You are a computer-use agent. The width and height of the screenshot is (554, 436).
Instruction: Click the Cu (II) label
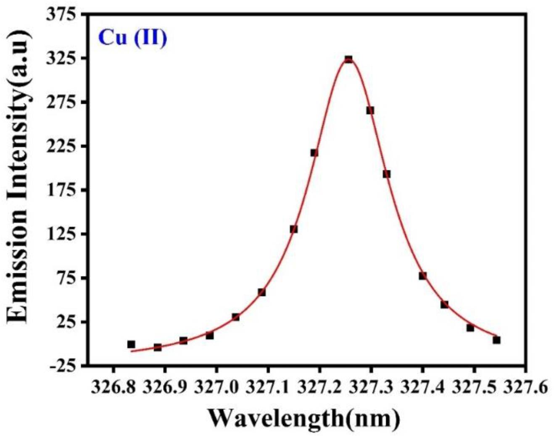coord(132,38)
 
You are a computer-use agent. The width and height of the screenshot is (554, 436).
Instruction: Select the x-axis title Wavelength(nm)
coord(303,418)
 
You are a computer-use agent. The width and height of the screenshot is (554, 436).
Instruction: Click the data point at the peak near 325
coord(348,60)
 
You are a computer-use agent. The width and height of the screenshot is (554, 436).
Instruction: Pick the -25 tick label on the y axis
coord(63,366)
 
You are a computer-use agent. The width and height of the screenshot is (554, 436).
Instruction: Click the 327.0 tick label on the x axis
coord(216,387)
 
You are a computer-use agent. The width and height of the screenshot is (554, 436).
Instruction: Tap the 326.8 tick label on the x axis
coord(113,387)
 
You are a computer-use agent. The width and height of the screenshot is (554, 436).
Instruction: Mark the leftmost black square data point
coord(131,344)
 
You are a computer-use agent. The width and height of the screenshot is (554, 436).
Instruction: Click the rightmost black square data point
coord(496,340)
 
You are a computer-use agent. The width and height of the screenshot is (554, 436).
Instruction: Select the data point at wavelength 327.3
coord(370,110)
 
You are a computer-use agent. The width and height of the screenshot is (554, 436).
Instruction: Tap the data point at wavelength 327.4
coord(422,276)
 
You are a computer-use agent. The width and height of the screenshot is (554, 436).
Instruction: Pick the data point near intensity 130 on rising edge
coord(293,229)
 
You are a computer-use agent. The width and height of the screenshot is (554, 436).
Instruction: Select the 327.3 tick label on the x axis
coord(371,387)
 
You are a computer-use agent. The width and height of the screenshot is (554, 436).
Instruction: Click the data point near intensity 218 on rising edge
coord(314,153)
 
